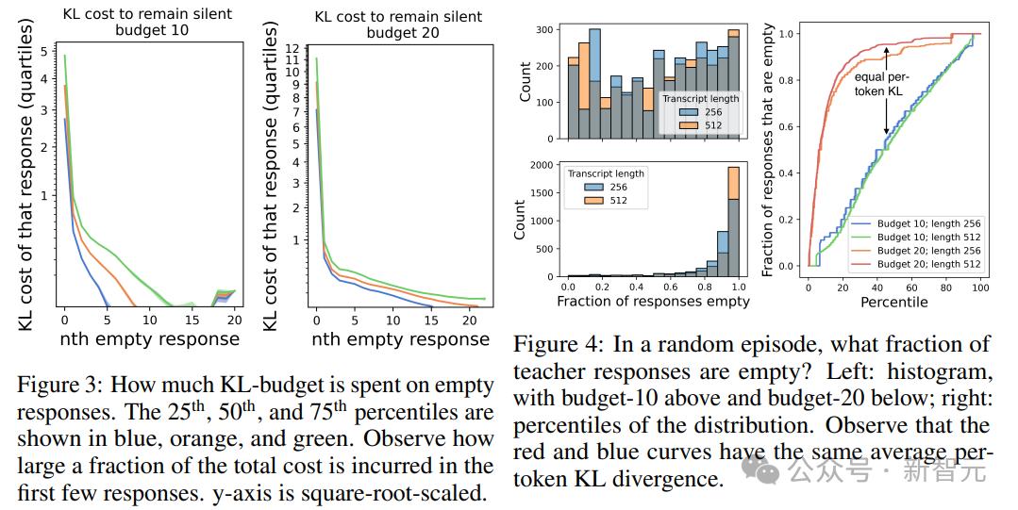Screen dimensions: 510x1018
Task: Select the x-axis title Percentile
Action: (893, 303)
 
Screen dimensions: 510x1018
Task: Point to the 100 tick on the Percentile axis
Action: (980, 287)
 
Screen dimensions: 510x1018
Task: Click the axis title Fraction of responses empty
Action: (653, 302)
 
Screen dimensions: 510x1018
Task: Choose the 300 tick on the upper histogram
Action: (543, 30)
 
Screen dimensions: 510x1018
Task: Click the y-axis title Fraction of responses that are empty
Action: (769, 151)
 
